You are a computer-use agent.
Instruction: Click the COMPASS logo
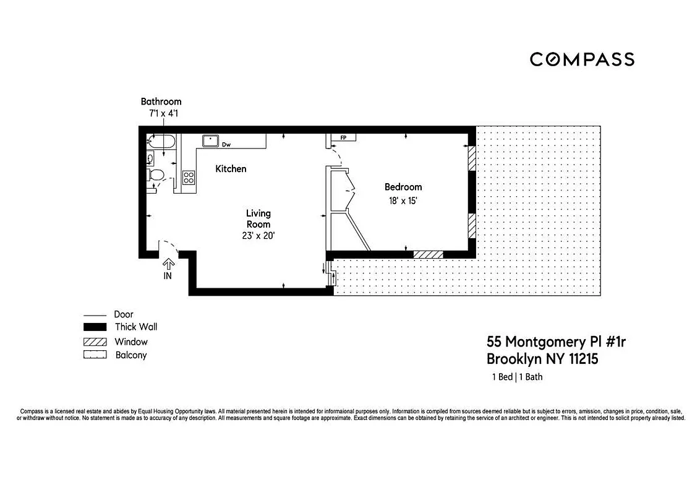[582, 59]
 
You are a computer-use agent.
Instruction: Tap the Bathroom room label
[161, 101]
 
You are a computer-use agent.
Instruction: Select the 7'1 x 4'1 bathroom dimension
[161, 114]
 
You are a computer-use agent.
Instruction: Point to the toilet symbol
[156, 175]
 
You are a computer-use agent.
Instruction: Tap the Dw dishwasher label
[226, 145]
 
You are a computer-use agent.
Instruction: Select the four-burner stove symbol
[189, 178]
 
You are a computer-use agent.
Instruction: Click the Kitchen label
[231, 169]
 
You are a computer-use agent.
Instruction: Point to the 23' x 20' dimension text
[258, 235]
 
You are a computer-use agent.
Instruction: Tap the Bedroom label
[403, 187]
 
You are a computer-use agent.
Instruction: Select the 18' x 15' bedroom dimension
[403, 200]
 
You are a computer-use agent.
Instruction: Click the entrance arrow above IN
[168, 264]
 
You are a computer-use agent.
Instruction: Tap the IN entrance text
[168, 276]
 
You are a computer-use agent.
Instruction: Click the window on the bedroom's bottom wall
[428, 254]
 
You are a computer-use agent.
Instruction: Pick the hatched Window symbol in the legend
[90, 342]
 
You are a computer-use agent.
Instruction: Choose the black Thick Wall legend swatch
[90, 327]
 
